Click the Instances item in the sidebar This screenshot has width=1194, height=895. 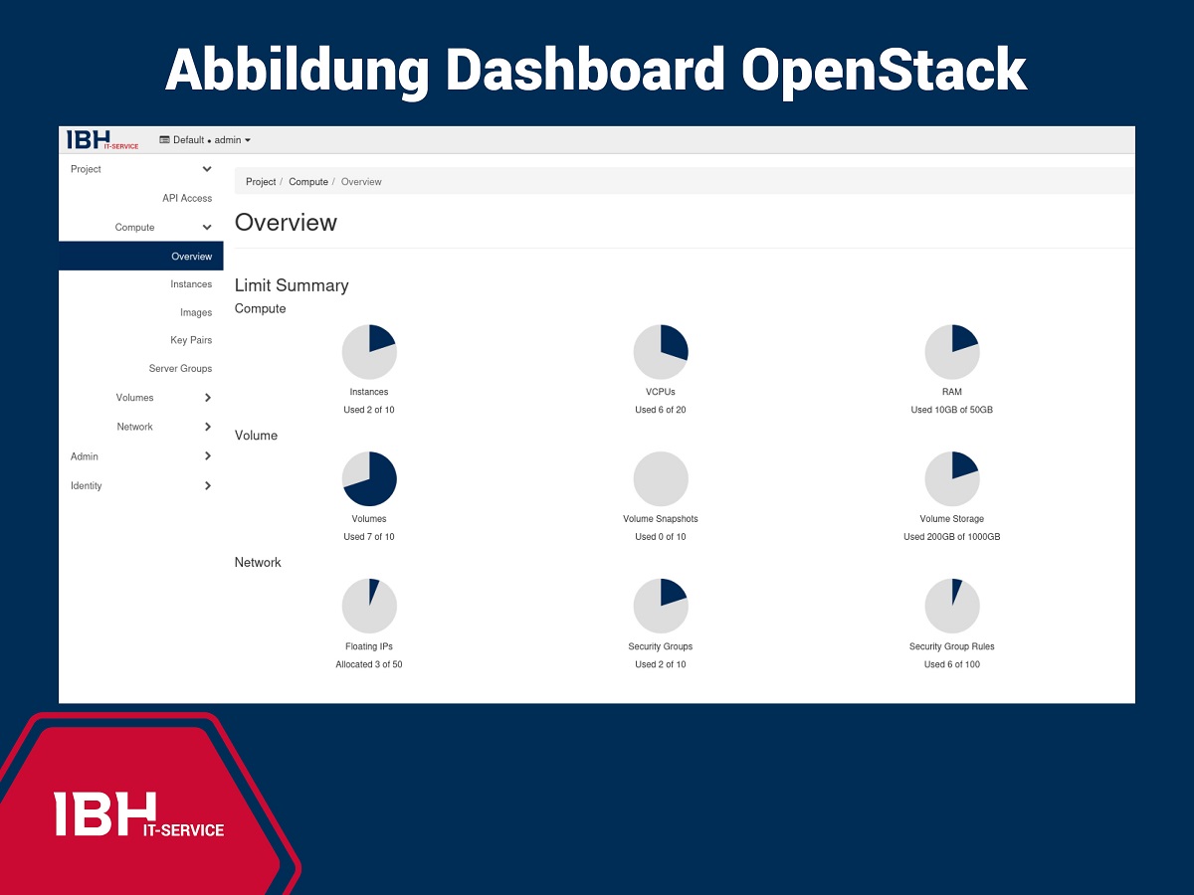pyautogui.click(x=191, y=284)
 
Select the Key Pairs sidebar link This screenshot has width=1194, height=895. pyautogui.click(x=191, y=340)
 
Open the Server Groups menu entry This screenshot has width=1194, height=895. pyautogui.click(x=180, y=368)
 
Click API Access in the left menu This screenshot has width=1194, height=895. pyautogui.click(x=187, y=198)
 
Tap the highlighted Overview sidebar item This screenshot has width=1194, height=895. pyautogui.click(x=191, y=257)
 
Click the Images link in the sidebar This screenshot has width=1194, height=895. pyautogui.click(x=196, y=312)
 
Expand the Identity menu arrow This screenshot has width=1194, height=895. pyautogui.click(x=207, y=485)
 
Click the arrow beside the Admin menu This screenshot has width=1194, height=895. pyautogui.click(x=207, y=456)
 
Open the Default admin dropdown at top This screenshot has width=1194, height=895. pyautogui.click(x=205, y=140)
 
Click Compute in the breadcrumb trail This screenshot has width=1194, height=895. pyautogui.click(x=308, y=182)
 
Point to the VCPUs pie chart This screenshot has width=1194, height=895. pyautogui.click(x=661, y=352)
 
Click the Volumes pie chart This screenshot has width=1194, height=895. pyautogui.click(x=369, y=479)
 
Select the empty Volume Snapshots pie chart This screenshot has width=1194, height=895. pyautogui.click(x=661, y=479)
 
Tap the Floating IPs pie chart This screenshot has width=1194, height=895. pyautogui.click(x=369, y=607)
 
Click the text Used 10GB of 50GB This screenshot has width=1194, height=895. pyautogui.click(x=951, y=410)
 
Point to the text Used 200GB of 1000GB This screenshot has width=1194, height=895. pyautogui.click(x=951, y=537)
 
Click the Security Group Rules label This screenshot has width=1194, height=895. pyautogui.click(x=951, y=646)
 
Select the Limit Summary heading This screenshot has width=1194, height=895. pyautogui.click(x=292, y=285)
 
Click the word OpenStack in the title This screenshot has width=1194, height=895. pyautogui.click(x=884, y=71)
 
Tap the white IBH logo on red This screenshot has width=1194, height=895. pyautogui.click(x=139, y=814)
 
